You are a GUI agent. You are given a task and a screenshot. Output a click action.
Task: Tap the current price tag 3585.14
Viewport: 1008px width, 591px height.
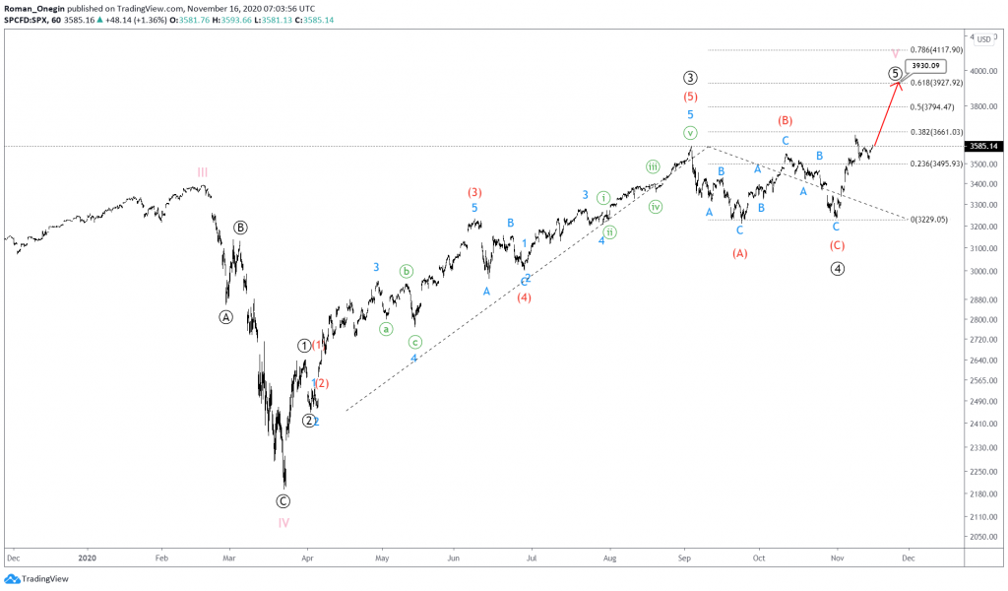(984, 146)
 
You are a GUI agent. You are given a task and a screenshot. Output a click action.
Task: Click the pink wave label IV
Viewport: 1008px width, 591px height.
(283, 523)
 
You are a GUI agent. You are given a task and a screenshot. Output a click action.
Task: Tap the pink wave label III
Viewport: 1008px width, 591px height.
(202, 172)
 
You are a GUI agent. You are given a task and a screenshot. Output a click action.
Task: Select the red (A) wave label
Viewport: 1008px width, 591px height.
(740, 253)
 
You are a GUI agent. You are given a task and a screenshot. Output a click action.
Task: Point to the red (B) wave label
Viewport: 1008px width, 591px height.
(785, 120)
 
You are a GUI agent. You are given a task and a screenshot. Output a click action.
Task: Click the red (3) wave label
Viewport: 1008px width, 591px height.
(474, 192)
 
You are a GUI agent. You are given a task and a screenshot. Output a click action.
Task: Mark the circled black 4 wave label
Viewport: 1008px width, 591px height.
(837, 268)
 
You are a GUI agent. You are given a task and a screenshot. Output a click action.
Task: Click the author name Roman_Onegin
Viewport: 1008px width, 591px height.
(31, 7)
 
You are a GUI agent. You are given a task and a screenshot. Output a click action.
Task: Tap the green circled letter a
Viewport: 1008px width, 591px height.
(387, 329)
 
